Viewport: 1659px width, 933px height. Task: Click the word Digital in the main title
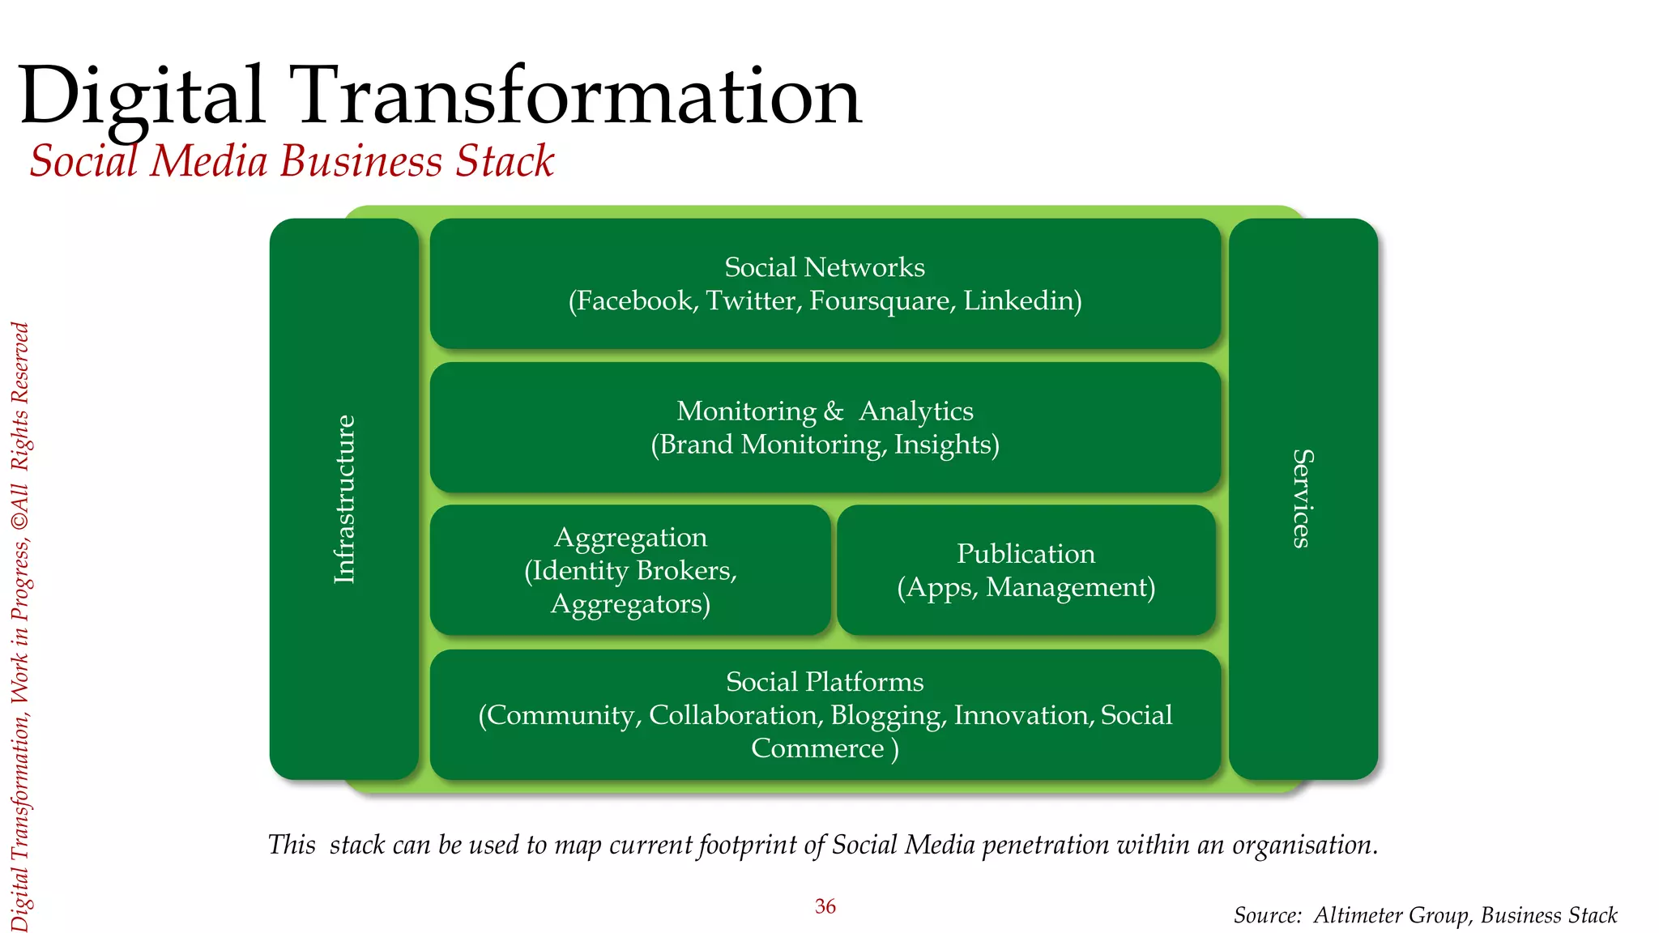click(143, 97)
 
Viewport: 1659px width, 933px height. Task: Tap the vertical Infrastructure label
click(345, 499)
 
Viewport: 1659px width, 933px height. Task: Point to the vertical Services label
click(1302, 499)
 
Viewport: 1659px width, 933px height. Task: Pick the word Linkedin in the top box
click(1022, 300)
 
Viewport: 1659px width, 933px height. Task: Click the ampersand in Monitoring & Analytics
click(834, 411)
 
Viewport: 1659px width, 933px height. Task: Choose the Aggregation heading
click(630, 538)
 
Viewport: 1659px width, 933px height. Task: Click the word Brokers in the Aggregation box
click(686, 571)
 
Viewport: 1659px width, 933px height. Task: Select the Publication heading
click(1026, 554)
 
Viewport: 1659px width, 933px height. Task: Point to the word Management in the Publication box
click(1069, 587)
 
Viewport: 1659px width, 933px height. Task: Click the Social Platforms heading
click(825, 682)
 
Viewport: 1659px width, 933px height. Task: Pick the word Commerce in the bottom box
click(817, 748)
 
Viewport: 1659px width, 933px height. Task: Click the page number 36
click(825, 906)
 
